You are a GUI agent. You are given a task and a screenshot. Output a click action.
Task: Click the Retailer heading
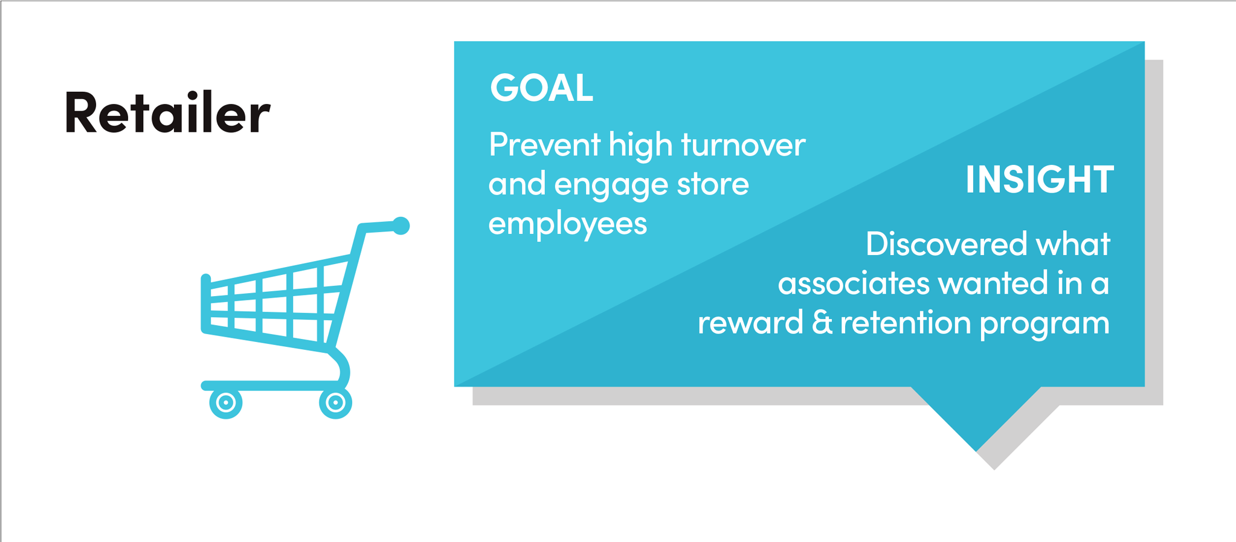(167, 112)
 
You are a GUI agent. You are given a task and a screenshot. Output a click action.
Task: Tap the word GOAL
(541, 88)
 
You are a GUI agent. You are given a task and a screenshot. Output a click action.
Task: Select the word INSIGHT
(1039, 179)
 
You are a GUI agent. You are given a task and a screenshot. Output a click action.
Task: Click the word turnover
(743, 145)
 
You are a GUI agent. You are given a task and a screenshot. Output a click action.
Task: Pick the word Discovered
(946, 244)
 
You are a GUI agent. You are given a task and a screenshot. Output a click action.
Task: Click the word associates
(854, 283)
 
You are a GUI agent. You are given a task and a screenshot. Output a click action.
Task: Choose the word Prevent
(544, 145)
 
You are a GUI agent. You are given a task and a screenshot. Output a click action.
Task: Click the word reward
(750, 323)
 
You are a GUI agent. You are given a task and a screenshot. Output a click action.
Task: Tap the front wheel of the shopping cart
(226, 402)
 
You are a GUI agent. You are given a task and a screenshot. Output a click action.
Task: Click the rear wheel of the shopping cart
(335, 402)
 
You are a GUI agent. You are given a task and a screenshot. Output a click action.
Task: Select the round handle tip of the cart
(401, 225)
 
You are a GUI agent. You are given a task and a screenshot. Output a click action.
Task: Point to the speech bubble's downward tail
(976, 417)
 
